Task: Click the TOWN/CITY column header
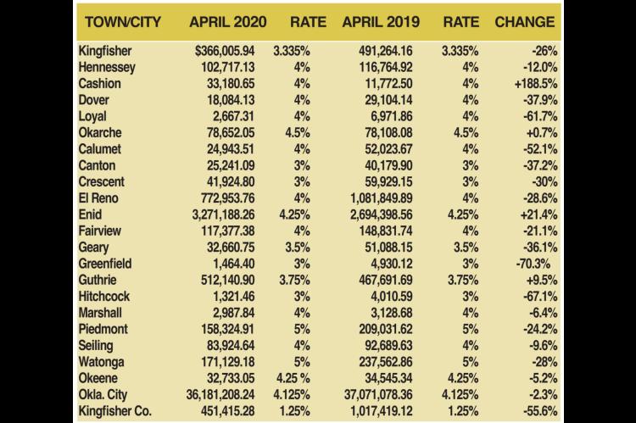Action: [x=123, y=22]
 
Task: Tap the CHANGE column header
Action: [x=525, y=22]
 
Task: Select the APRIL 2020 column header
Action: [x=228, y=22]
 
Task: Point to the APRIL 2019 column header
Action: [x=381, y=22]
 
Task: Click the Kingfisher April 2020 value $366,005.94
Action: [x=225, y=51]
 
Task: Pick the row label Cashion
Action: [x=100, y=84]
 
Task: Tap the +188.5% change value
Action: [x=536, y=84]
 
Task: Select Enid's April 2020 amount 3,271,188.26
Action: [x=224, y=214]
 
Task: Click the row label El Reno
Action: [x=98, y=198]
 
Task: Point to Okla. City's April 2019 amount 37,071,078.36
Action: [x=378, y=395]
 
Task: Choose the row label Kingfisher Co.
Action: [x=114, y=411]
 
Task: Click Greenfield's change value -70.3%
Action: [x=533, y=264]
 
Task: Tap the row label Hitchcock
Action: [x=104, y=297]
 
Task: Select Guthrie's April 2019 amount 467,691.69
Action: [x=386, y=280]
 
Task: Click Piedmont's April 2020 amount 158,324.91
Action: [x=228, y=329]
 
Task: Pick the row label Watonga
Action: [x=102, y=362]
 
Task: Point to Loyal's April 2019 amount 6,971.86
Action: [x=392, y=116]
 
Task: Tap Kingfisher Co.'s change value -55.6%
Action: [x=540, y=411]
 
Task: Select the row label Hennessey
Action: [x=107, y=67]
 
